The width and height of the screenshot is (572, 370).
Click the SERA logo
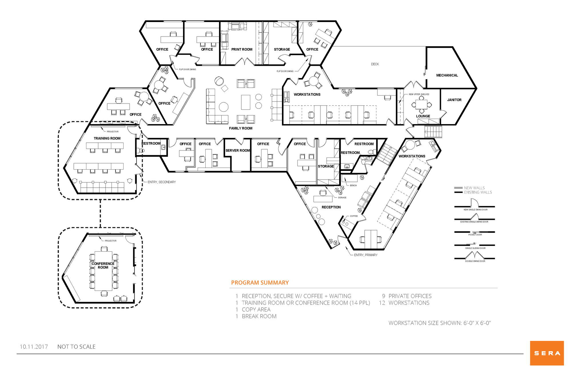point(547,353)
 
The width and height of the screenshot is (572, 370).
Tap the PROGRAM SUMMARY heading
point(260,283)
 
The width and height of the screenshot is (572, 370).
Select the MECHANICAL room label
point(447,75)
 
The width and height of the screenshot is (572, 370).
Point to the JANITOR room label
point(454,100)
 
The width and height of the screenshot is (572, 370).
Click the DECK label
point(375,64)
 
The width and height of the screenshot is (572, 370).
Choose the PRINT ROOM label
point(242,49)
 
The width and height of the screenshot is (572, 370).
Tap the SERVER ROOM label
point(238,150)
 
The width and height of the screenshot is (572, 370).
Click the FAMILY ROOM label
point(241,128)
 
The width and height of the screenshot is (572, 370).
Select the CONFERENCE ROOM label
point(103,265)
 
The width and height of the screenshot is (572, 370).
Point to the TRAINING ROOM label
point(107,138)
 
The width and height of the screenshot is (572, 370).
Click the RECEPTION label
point(331,207)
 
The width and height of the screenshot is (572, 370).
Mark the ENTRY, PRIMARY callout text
point(366,255)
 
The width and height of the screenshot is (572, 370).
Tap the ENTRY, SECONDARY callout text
point(162,182)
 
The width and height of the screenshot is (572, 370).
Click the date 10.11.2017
point(34,347)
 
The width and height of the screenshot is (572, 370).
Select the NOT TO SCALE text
point(76,347)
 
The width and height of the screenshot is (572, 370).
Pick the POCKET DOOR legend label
point(475,235)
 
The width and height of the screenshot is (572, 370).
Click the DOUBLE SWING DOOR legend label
point(475,261)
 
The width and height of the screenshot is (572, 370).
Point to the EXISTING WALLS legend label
point(478,192)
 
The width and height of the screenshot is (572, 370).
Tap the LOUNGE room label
point(423,116)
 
